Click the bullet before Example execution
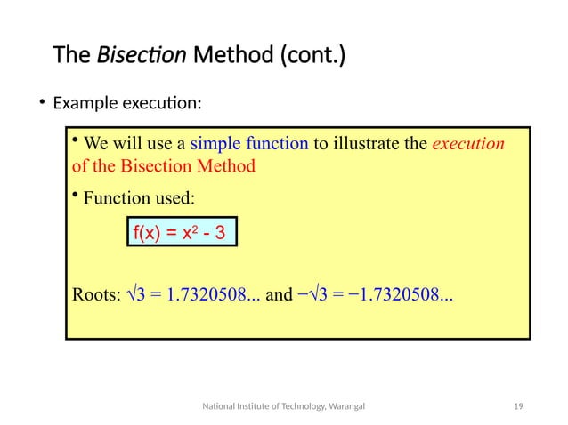click(41, 103)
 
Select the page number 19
click(517, 406)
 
